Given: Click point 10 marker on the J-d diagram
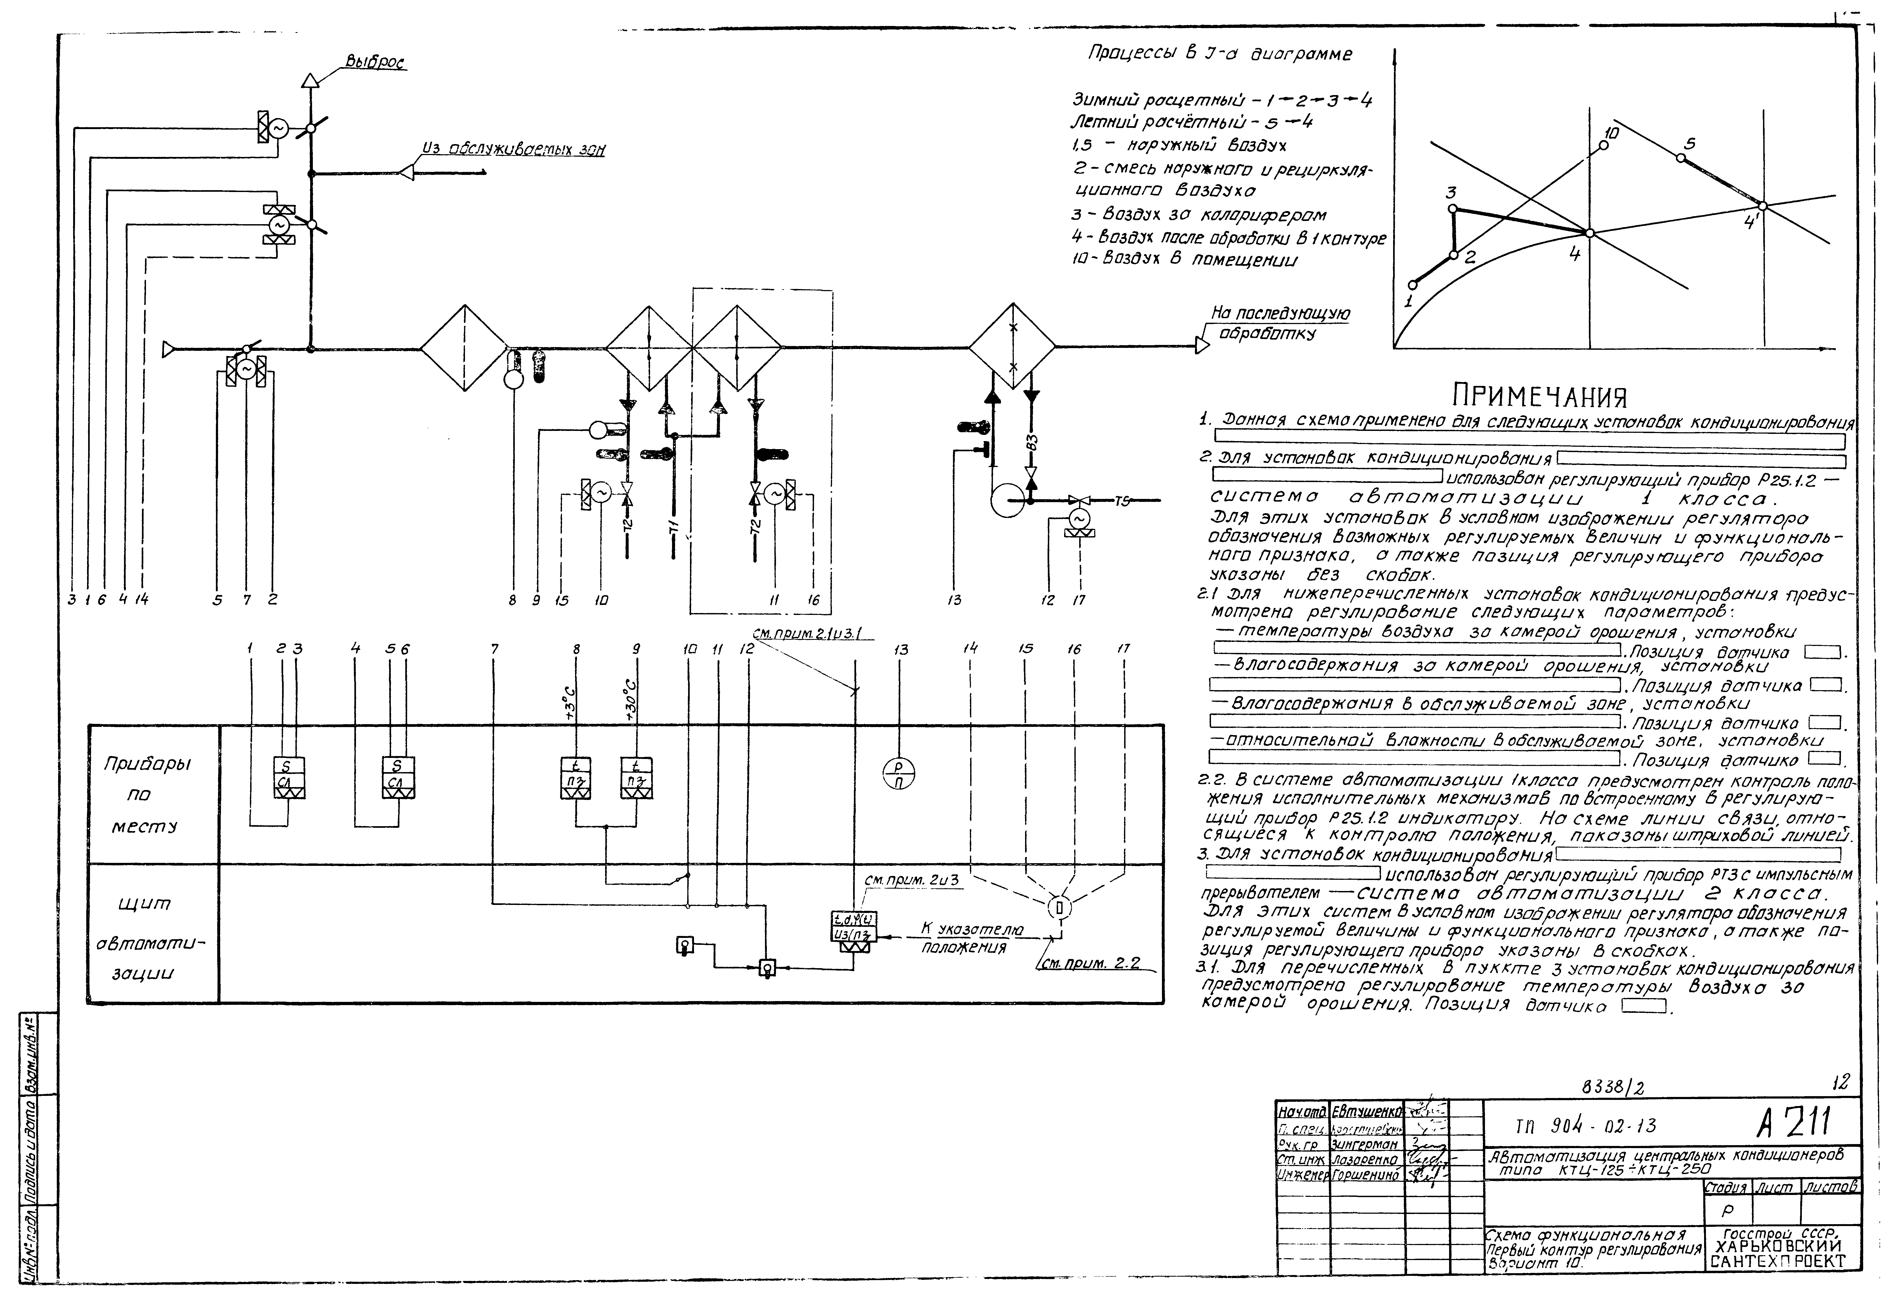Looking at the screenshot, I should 1603,145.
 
